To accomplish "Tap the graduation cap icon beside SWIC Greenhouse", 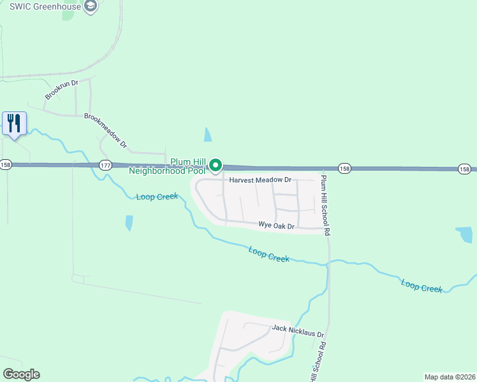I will click(x=91, y=6).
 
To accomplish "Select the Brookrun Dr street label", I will click(x=61, y=90).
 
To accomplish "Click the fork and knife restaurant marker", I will click(x=14, y=122).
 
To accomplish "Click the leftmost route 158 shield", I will click(x=6, y=164).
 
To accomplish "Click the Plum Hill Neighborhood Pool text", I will click(x=168, y=166).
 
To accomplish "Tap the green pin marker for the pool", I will click(x=216, y=166).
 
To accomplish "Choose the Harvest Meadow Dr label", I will click(x=260, y=180).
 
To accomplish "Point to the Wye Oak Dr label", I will click(x=276, y=226).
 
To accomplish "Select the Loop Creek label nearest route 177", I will click(x=157, y=197).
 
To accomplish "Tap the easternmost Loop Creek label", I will click(x=422, y=285).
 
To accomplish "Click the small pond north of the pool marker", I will click(x=208, y=135).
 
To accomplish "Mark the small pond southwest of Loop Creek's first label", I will click(x=129, y=222).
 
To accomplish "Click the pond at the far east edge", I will click(x=465, y=234).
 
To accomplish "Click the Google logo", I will click(x=21, y=374).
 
